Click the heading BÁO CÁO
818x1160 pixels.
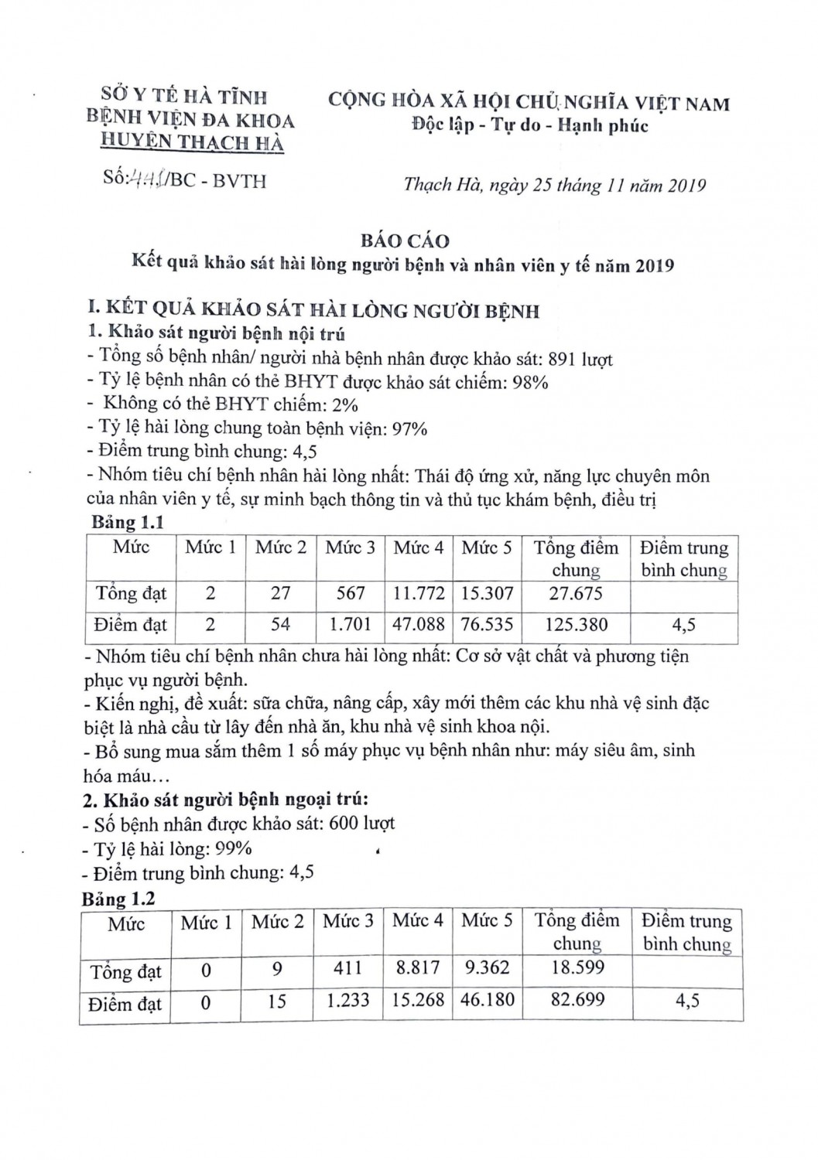click(x=405, y=241)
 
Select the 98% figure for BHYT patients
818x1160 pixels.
click(x=530, y=381)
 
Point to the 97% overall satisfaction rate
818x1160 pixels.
click(x=409, y=428)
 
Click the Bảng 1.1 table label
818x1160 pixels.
click(x=128, y=522)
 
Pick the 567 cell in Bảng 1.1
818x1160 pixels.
click(x=351, y=593)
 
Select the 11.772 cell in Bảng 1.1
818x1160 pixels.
click(x=419, y=593)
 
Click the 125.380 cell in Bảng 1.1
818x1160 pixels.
click(x=576, y=624)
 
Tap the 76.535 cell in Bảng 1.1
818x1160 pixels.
click(x=487, y=624)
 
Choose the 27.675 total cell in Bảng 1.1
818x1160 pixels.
click(x=576, y=593)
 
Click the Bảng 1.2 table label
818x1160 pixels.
click(x=118, y=899)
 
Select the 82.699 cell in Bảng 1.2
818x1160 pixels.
click(x=577, y=999)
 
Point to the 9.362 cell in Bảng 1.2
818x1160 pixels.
click(x=487, y=967)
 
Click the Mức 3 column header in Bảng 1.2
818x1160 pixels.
click(x=347, y=921)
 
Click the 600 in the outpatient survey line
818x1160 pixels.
click(x=344, y=823)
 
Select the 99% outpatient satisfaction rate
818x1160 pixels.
click(x=234, y=848)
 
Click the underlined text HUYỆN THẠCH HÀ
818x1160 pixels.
click(x=193, y=142)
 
